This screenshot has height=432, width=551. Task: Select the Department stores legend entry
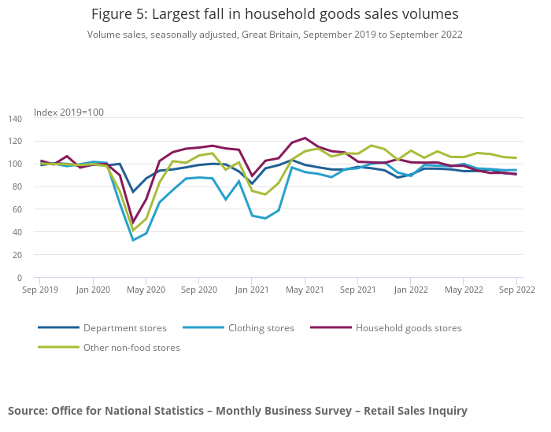(124, 328)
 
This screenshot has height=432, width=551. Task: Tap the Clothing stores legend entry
(260, 328)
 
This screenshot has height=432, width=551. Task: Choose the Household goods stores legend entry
(409, 328)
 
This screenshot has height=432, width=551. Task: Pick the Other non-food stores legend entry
(131, 348)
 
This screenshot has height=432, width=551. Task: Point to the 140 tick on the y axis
(16, 119)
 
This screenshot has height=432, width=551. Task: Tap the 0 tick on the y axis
(20, 279)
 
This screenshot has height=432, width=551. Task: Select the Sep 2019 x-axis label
(39, 290)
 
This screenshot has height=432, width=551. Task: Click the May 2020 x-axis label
(146, 290)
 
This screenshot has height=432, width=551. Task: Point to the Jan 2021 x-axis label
(252, 290)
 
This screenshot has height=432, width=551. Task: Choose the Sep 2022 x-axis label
(516, 290)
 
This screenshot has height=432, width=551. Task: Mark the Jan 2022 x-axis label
(411, 290)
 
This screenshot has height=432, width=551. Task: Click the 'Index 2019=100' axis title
(68, 113)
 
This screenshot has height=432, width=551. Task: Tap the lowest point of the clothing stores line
(132, 240)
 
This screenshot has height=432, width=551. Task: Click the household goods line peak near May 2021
(305, 138)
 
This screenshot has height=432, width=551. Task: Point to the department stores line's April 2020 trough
(132, 192)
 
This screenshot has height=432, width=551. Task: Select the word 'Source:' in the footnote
(28, 411)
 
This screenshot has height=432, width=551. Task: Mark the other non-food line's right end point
(516, 158)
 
